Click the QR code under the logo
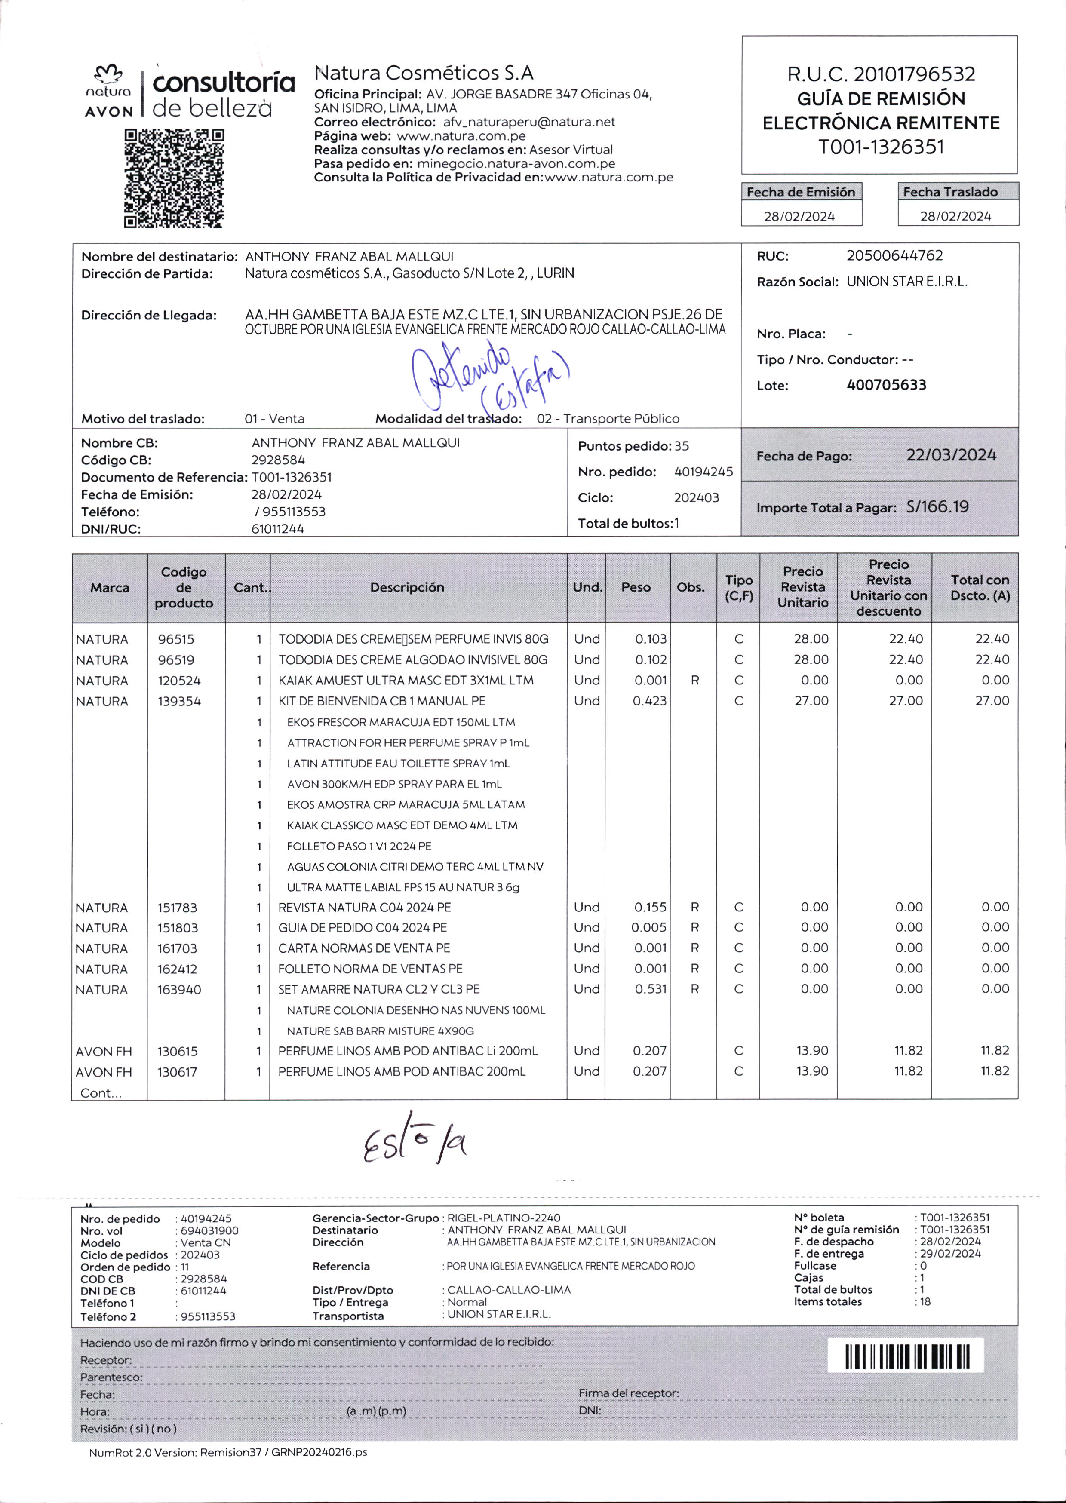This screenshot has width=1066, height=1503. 174,178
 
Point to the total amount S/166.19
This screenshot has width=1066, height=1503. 937,507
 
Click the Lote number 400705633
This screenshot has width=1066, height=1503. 886,385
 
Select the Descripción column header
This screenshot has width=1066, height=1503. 407,587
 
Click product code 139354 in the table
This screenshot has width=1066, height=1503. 179,701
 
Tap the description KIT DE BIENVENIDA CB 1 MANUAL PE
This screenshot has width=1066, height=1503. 381,701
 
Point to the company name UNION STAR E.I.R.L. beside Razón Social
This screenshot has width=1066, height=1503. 906,282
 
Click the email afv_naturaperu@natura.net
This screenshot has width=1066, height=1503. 529,122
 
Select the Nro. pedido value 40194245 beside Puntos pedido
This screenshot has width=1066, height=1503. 703,472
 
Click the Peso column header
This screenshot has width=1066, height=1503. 636,587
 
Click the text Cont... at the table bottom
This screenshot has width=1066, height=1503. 101,1093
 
